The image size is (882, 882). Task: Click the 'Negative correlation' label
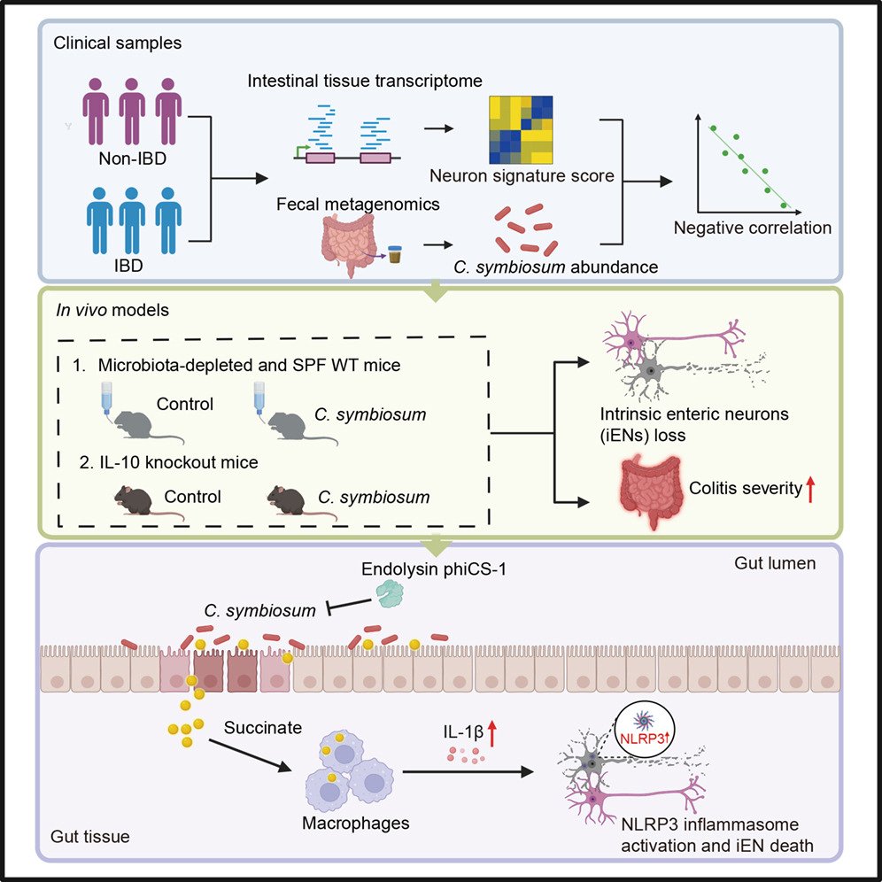(x=753, y=228)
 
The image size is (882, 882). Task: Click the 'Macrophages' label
(x=354, y=822)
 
